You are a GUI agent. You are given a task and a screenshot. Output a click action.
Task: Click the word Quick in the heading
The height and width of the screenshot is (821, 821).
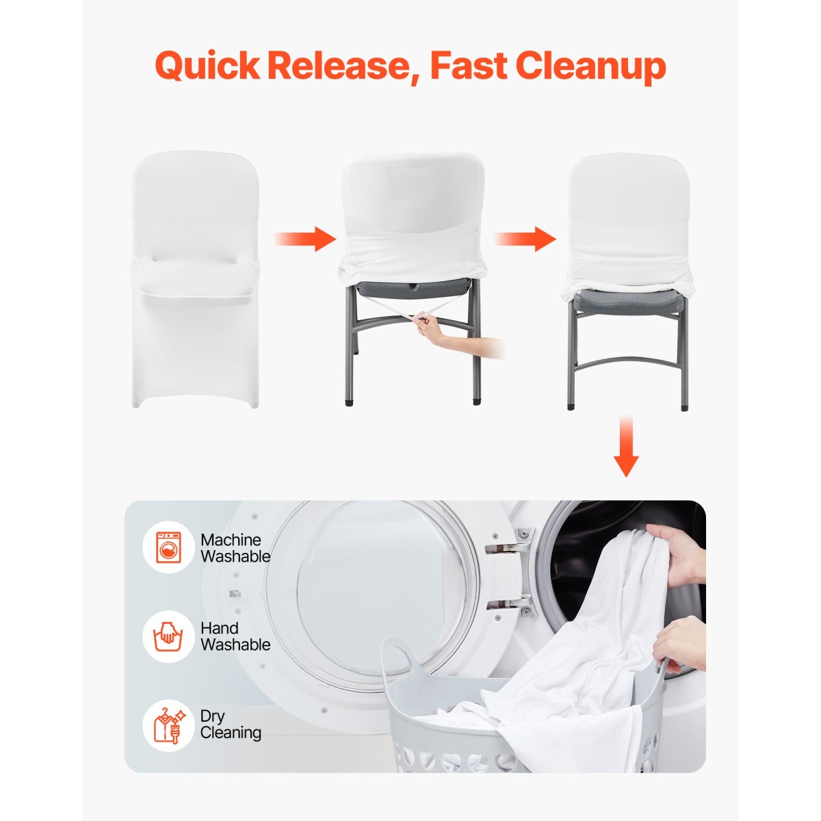(207, 66)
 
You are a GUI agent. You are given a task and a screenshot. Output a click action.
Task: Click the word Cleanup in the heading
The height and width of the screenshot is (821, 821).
(591, 67)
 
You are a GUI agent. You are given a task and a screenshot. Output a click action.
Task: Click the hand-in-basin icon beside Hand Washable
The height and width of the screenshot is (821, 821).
(168, 636)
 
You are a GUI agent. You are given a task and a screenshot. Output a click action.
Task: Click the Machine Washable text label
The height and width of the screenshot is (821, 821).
(235, 548)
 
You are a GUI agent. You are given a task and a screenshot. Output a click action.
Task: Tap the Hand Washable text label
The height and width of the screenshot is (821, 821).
(235, 636)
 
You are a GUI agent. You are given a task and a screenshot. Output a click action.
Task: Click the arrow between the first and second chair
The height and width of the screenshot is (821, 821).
(305, 239)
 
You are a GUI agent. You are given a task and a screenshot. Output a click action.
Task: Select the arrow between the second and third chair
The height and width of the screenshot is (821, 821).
(525, 239)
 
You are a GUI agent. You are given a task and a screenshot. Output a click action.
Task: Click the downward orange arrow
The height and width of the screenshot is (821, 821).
(626, 446)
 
